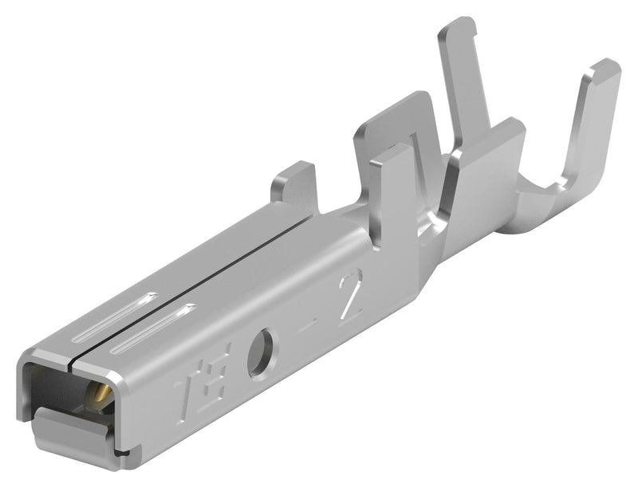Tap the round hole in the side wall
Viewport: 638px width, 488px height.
259,352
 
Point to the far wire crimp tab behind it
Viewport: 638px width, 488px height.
391,120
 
